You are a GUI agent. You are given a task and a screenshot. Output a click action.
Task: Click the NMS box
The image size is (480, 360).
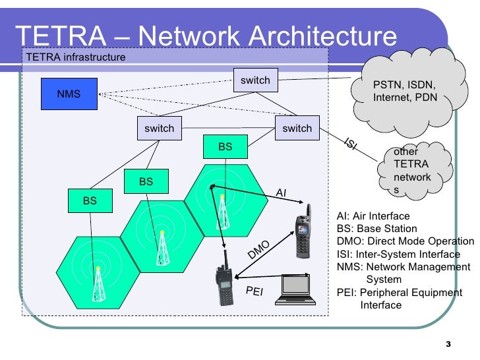coord(69,94)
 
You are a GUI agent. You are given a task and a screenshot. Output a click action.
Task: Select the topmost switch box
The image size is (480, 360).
coord(255,80)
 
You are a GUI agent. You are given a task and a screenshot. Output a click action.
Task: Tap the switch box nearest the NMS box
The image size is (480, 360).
coord(159,128)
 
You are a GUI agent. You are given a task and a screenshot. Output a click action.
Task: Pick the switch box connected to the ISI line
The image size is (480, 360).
coord(297,128)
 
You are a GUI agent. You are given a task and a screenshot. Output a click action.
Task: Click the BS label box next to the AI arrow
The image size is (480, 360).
coord(225,147)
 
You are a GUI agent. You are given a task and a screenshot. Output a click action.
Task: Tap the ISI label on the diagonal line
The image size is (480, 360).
coord(351,144)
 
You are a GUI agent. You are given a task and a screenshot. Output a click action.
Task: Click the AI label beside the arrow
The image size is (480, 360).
coord(281,193)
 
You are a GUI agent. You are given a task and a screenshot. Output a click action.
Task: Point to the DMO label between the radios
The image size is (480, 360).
coord(259,249)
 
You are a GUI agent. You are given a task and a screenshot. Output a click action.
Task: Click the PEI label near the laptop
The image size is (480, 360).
coord(254,291)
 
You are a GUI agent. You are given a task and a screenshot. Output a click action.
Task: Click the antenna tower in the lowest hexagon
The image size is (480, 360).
coord(98,284)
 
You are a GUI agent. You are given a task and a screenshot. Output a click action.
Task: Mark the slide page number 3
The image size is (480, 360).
coord(448,344)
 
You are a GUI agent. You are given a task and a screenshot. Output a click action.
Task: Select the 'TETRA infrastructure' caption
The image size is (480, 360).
coord(75,57)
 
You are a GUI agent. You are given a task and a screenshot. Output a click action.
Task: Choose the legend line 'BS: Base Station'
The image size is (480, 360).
coord(376,229)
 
